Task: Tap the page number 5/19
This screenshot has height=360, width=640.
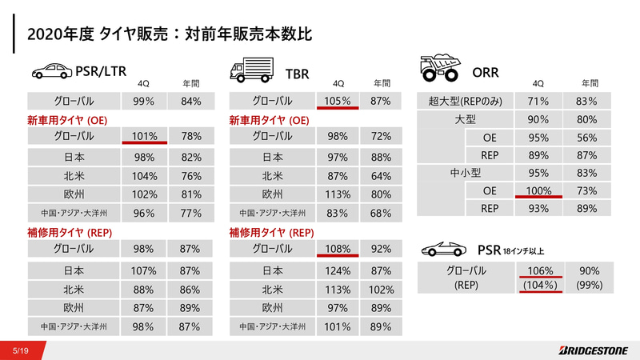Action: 22,350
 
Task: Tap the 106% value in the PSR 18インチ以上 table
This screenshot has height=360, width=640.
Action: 541,270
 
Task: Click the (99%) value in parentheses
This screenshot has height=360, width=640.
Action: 589,285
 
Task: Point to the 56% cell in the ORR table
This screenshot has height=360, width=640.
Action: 589,137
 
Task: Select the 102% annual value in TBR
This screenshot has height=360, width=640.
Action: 381,290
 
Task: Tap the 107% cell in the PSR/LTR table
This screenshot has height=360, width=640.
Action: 143,271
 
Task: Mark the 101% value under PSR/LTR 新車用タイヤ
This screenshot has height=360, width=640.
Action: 143,136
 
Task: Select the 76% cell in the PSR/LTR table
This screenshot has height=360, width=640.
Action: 190,176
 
